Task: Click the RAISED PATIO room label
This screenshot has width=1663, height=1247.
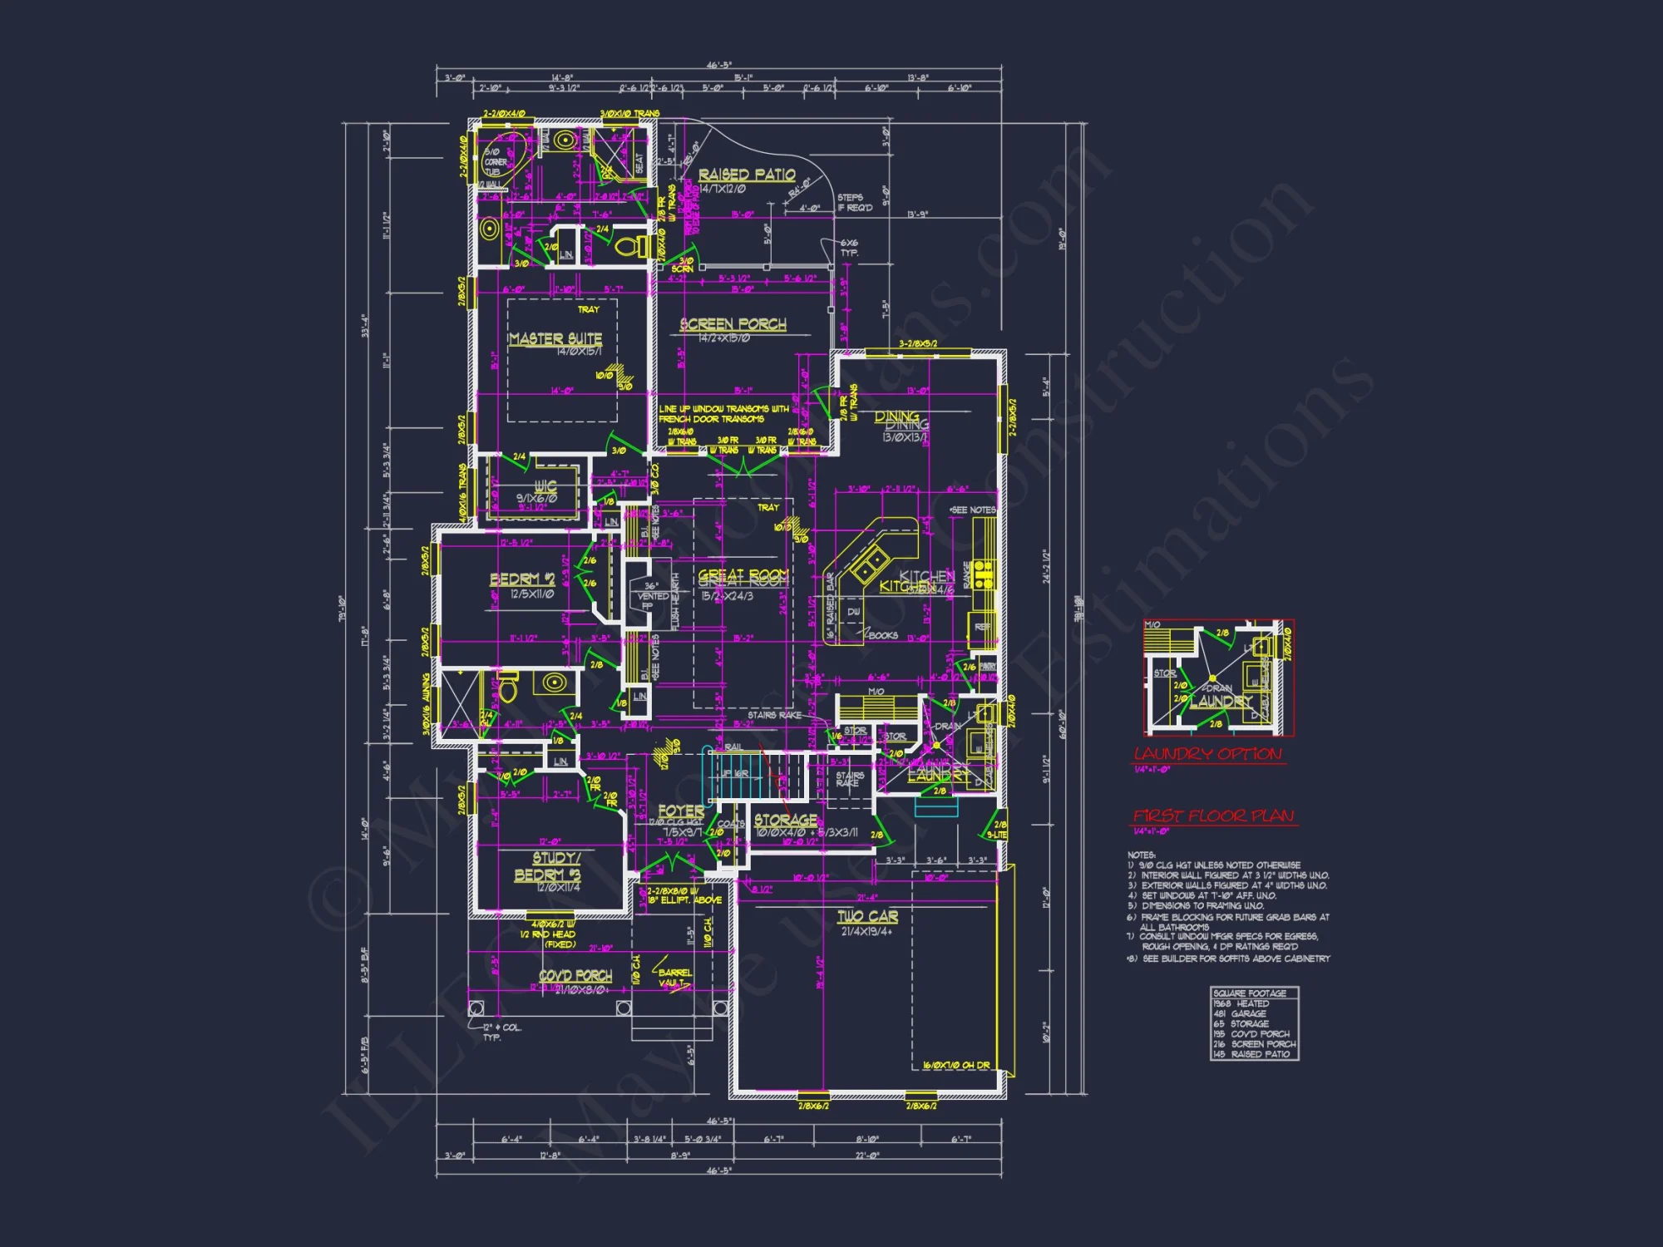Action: pyautogui.click(x=746, y=175)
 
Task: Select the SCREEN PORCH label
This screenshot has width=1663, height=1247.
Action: pyautogui.click(x=733, y=324)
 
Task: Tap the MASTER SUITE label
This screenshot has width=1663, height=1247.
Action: pyautogui.click(x=555, y=339)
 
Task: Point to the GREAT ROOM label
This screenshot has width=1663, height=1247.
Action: pyautogui.click(x=743, y=576)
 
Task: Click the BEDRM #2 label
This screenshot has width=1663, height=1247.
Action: pyautogui.click(x=522, y=579)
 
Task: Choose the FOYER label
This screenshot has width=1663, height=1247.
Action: pyautogui.click(x=681, y=811)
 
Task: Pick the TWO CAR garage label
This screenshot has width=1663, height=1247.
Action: pyautogui.click(x=867, y=916)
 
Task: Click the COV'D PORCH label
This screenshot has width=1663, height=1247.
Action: pyautogui.click(x=575, y=976)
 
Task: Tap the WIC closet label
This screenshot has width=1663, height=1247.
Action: pyautogui.click(x=545, y=485)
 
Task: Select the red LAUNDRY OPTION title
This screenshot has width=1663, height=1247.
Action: pyautogui.click(x=1208, y=754)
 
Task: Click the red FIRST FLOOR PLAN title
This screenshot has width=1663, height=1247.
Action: pyautogui.click(x=1214, y=816)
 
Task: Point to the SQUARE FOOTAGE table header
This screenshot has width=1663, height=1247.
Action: pyautogui.click(x=1250, y=993)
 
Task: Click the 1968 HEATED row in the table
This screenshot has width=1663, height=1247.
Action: pyautogui.click(x=1241, y=1003)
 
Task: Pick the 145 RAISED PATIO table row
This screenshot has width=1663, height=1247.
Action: pyautogui.click(x=1251, y=1054)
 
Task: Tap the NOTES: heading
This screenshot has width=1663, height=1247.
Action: pyautogui.click(x=1141, y=855)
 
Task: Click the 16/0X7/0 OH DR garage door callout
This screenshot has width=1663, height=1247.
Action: pyautogui.click(x=956, y=1065)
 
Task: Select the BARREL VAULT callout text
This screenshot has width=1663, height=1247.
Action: pyautogui.click(x=674, y=978)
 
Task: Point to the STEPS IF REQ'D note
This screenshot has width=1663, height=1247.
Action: pyautogui.click(x=855, y=203)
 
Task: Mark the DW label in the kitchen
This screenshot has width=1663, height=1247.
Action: pyautogui.click(x=853, y=612)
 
